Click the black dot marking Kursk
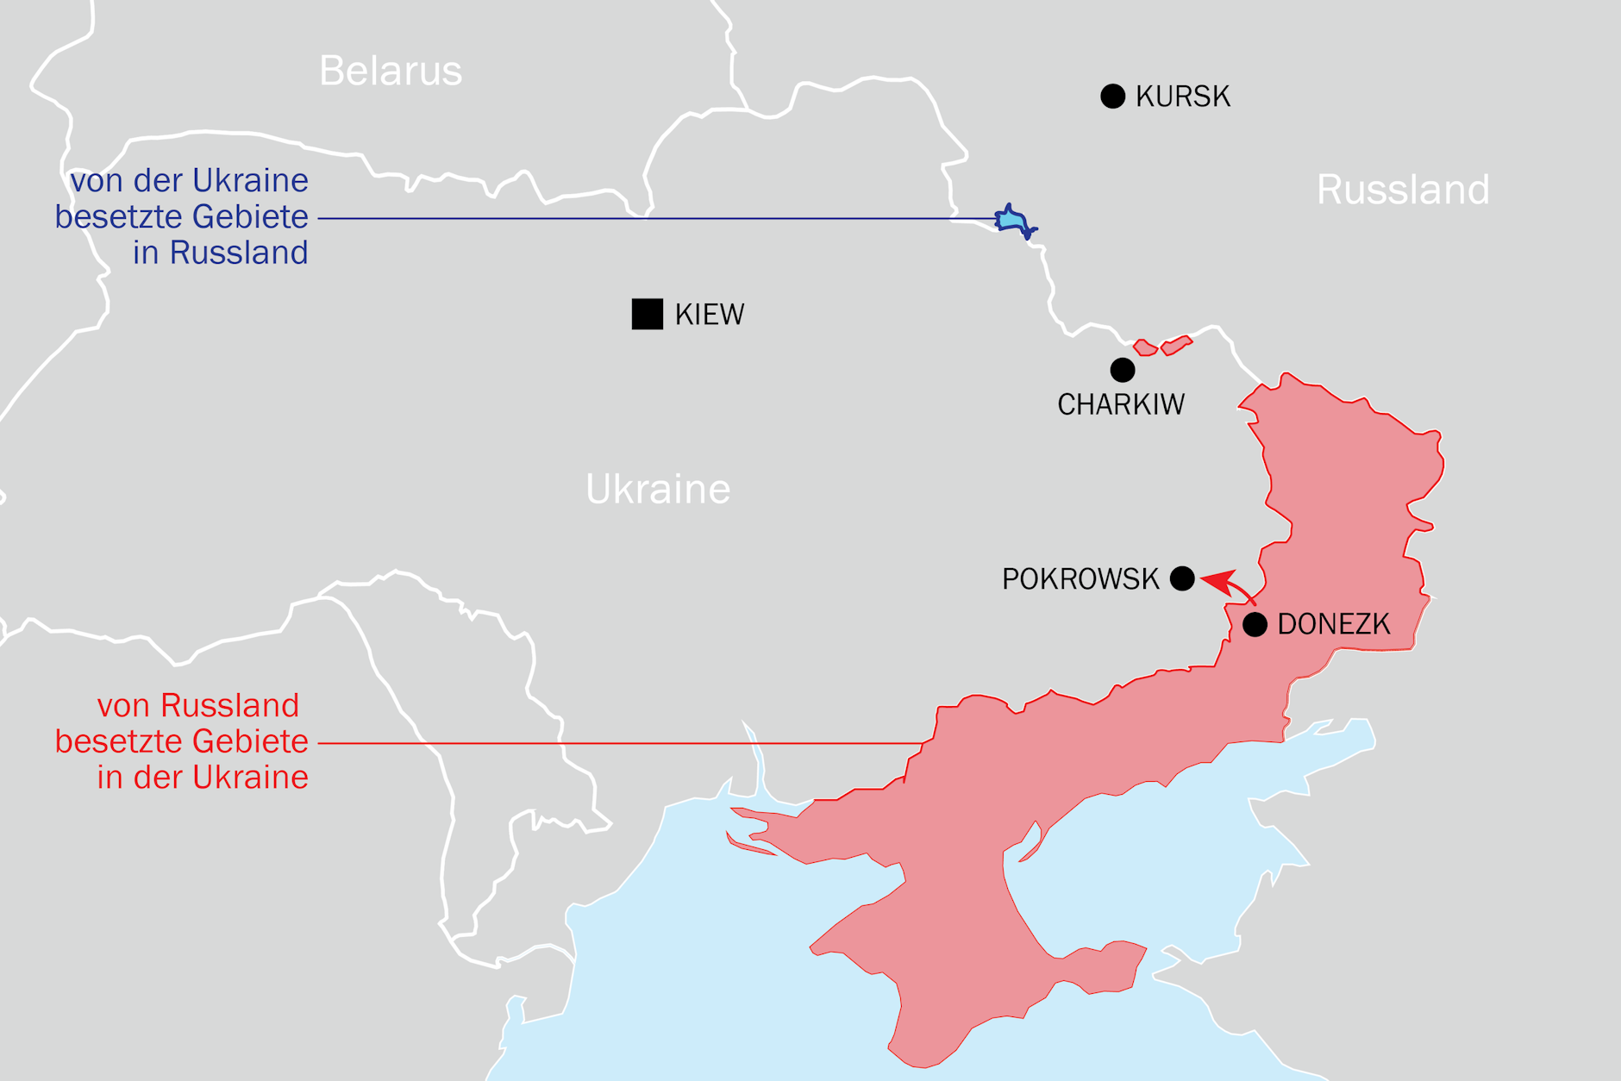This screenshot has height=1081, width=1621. pyautogui.click(x=1112, y=96)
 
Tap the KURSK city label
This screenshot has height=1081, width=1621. pyautogui.click(x=1182, y=97)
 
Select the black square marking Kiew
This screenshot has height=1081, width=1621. pyautogui.click(x=647, y=314)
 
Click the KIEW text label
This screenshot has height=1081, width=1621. pyautogui.click(x=709, y=315)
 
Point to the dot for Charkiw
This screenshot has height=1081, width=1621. pyautogui.click(x=1122, y=370)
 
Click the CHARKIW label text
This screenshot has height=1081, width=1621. pyautogui.click(x=1120, y=404)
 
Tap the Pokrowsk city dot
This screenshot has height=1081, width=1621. pyautogui.click(x=1182, y=578)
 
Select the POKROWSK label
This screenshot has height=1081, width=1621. pyautogui.click(x=1080, y=579)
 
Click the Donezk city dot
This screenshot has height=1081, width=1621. pyautogui.click(x=1255, y=624)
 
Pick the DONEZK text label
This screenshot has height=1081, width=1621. pyautogui.click(x=1333, y=624)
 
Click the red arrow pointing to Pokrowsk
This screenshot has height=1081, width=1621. pyautogui.click(x=1229, y=586)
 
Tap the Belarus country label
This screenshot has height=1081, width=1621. pyautogui.click(x=391, y=71)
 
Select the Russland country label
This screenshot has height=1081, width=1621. pyautogui.click(x=1402, y=190)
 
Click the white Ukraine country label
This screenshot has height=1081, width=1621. pyautogui.click(x=657, y=490)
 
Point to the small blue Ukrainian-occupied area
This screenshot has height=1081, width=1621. pyautogui.click(x=1012, y=221)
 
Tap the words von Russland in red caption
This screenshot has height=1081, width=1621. pyautogui.click(x=197, y=705)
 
